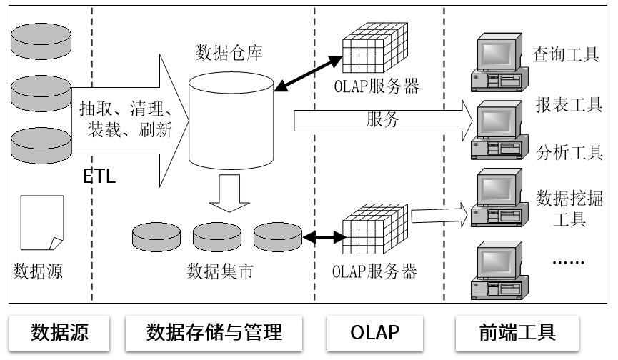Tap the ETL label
99,176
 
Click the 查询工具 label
565,55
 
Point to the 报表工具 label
569,105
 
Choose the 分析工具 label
569,152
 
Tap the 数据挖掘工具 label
569,206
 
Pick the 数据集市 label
220,271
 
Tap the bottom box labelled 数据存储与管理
214,332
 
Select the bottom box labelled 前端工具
516,332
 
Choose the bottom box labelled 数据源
60,332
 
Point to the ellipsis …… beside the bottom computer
569,261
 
